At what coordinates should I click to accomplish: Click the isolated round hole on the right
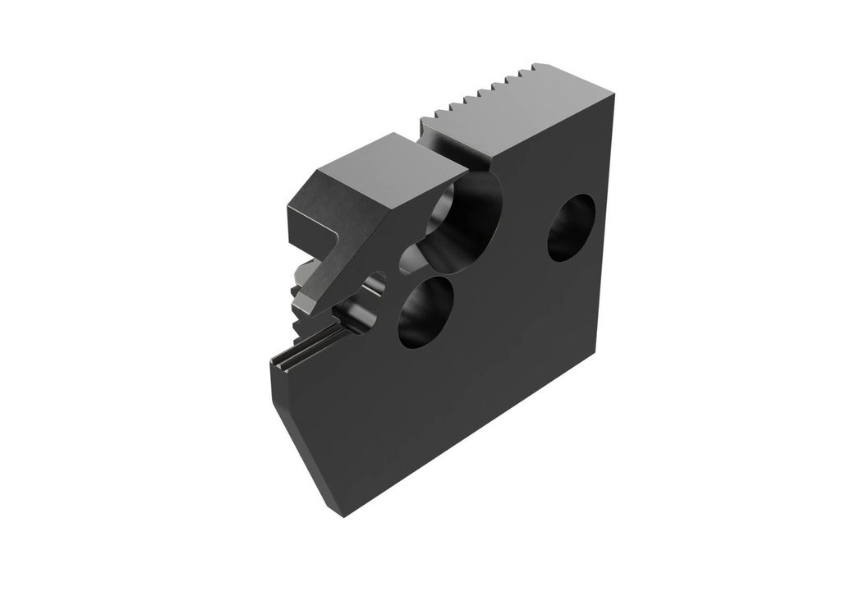(571, 227)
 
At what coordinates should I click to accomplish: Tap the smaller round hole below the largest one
(425, 313)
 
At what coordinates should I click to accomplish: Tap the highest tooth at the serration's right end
(538, 66)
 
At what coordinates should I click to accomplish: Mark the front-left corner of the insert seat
(274, 362)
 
